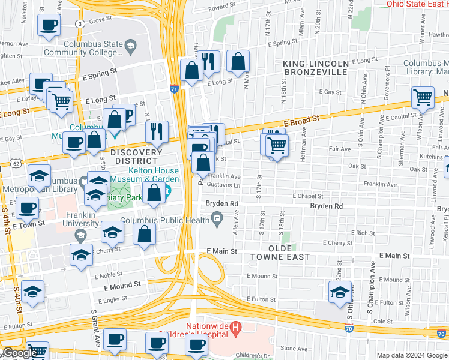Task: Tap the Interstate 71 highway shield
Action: pos(173,88)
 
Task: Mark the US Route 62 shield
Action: pos(14,163)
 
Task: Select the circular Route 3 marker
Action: pos(80,23)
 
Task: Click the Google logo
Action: pos(19,353)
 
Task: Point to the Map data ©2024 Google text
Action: pos(411,355)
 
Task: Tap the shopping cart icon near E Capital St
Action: pos(423,97)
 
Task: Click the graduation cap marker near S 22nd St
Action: pos(340,292)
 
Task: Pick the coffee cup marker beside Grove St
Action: pos(49,25)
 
